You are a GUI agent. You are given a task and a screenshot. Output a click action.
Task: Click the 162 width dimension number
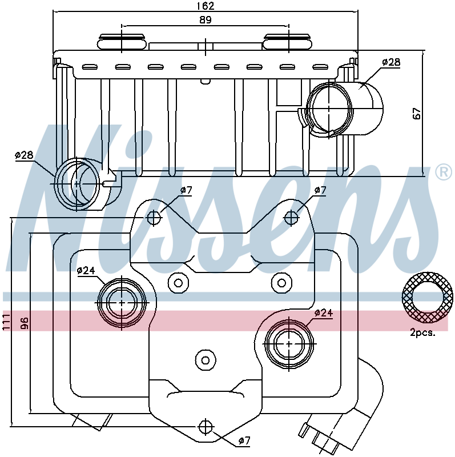[x=206, y=6]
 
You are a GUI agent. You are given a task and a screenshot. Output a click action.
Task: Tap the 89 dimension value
[x=206, y=20]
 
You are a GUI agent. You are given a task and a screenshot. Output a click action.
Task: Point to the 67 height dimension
[x=417, y=113]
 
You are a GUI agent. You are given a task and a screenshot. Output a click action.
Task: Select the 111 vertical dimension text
[x=6, y=322]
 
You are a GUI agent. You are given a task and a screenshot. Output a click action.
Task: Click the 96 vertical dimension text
[x=25, y=323]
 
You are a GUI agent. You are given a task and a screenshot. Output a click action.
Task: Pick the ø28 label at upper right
[x=391, y=62]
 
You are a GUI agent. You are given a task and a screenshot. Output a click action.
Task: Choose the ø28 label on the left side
[x=24, y=155]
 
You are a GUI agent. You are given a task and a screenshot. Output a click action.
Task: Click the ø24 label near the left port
[x=86, y=271]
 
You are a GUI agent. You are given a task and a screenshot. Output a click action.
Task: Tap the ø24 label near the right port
[x=323, y=313]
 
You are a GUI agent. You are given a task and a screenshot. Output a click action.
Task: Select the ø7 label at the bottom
[x=244, y=440]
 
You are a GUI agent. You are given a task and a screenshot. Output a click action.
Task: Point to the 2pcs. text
[x=422, y=332]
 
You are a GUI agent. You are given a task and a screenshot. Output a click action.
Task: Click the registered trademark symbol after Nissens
[x=444, y=173]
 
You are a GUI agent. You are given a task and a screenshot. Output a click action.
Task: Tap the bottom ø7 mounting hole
[x=206, y=427]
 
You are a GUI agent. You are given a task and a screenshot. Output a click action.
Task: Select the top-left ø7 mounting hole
[x=154, y=218]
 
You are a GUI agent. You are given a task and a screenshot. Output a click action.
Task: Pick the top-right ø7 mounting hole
[x=291, y=218]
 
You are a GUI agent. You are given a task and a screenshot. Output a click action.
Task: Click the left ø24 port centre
[x=122, y=303]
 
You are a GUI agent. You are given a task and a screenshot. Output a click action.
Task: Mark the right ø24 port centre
[x=289, y=344]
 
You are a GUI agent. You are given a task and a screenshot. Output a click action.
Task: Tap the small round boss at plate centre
[x=206, y=360]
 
